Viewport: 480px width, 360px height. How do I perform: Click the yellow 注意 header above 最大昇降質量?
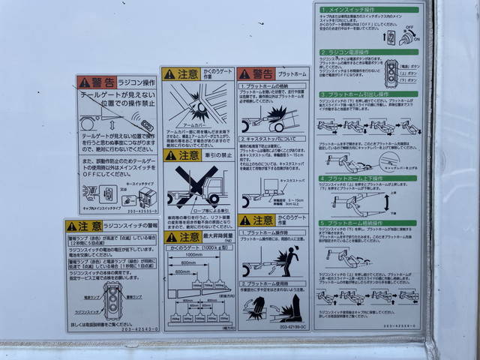click(x=181, y=237)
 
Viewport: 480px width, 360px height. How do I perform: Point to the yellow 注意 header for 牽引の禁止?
click(x=181, y=155)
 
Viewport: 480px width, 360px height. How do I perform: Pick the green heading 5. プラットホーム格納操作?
click(x=356, y=223)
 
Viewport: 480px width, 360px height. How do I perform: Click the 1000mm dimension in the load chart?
click(x=193, y=254)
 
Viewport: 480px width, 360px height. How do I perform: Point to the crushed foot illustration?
click(x=289, y=305)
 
